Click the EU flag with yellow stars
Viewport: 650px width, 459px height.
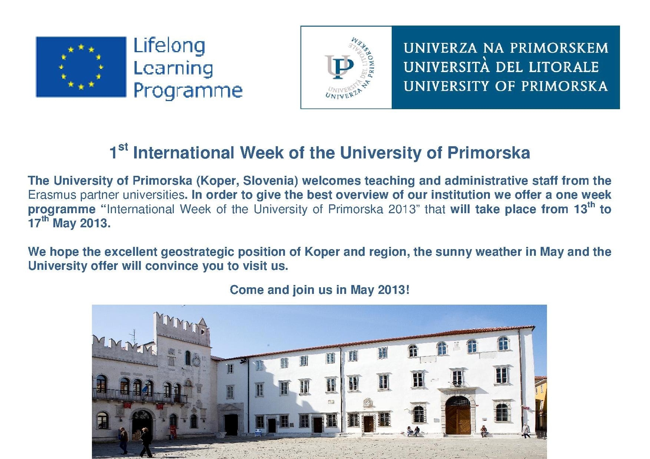tap(81, 67)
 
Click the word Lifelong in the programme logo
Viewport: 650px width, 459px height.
tap(169, 46)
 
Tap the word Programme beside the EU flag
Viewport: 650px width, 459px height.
tap(188, 91)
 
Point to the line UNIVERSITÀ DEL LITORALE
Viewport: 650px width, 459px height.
tap(501, 67)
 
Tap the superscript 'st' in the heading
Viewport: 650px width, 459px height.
tap(123, 147)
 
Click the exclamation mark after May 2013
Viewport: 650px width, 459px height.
tap(408, 289)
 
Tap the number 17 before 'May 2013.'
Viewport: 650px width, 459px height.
tap(34, 224)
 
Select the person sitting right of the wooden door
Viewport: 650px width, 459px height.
tap(484, 431)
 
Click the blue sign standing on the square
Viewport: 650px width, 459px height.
tap(258, 433)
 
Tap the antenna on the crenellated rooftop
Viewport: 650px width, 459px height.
tap(133, 337)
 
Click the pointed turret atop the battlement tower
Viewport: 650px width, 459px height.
tap(203, 322)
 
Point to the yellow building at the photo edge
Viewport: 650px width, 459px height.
tap(541, 403)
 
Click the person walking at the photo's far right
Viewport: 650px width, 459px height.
tap(526, 431)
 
